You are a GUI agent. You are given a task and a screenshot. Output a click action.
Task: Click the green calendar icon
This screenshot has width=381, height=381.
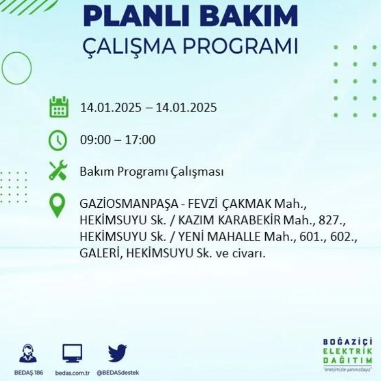tap(59, 107)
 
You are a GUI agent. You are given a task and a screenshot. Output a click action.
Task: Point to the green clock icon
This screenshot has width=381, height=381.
tap(58, 141)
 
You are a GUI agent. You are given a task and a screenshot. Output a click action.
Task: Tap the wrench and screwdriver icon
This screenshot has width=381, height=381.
tap(58, 170)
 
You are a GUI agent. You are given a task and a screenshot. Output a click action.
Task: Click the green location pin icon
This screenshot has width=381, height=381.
tap(57, 205)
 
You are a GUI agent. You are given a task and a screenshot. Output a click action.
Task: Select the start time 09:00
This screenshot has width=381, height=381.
tap(95, 140)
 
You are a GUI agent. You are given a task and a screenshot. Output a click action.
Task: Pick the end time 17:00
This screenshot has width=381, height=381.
tap(140, 140)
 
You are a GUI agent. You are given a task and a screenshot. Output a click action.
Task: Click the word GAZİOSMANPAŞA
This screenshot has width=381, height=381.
tap(129, 204)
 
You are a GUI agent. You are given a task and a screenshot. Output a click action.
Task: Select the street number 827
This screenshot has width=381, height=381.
tap(332, 220)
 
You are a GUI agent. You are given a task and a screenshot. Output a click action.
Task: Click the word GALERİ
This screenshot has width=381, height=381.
tap(100, 254)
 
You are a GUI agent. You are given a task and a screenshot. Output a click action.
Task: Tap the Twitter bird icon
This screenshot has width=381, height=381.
tap(117, 353)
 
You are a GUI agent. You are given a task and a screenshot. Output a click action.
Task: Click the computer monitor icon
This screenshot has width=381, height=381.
tap(72, 353)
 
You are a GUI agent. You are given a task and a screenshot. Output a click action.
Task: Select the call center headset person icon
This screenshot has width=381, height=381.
tap(28, 353)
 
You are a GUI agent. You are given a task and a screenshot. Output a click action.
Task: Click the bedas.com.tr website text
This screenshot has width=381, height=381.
tap(72, 373)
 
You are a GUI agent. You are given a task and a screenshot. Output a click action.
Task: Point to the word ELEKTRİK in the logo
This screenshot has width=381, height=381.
tap(347, 351)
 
